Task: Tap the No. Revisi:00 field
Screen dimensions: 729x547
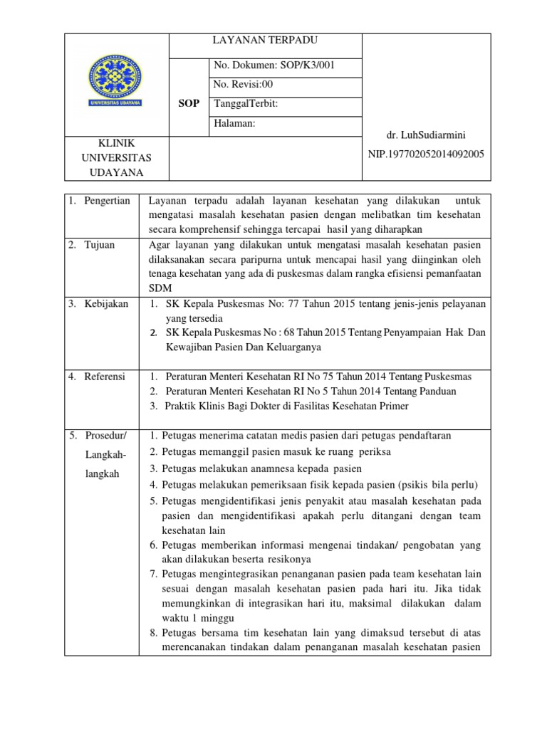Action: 244,85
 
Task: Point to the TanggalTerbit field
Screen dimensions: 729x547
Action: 246,104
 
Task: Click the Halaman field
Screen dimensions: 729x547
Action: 234,123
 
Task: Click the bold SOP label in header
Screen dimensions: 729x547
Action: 188,103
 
